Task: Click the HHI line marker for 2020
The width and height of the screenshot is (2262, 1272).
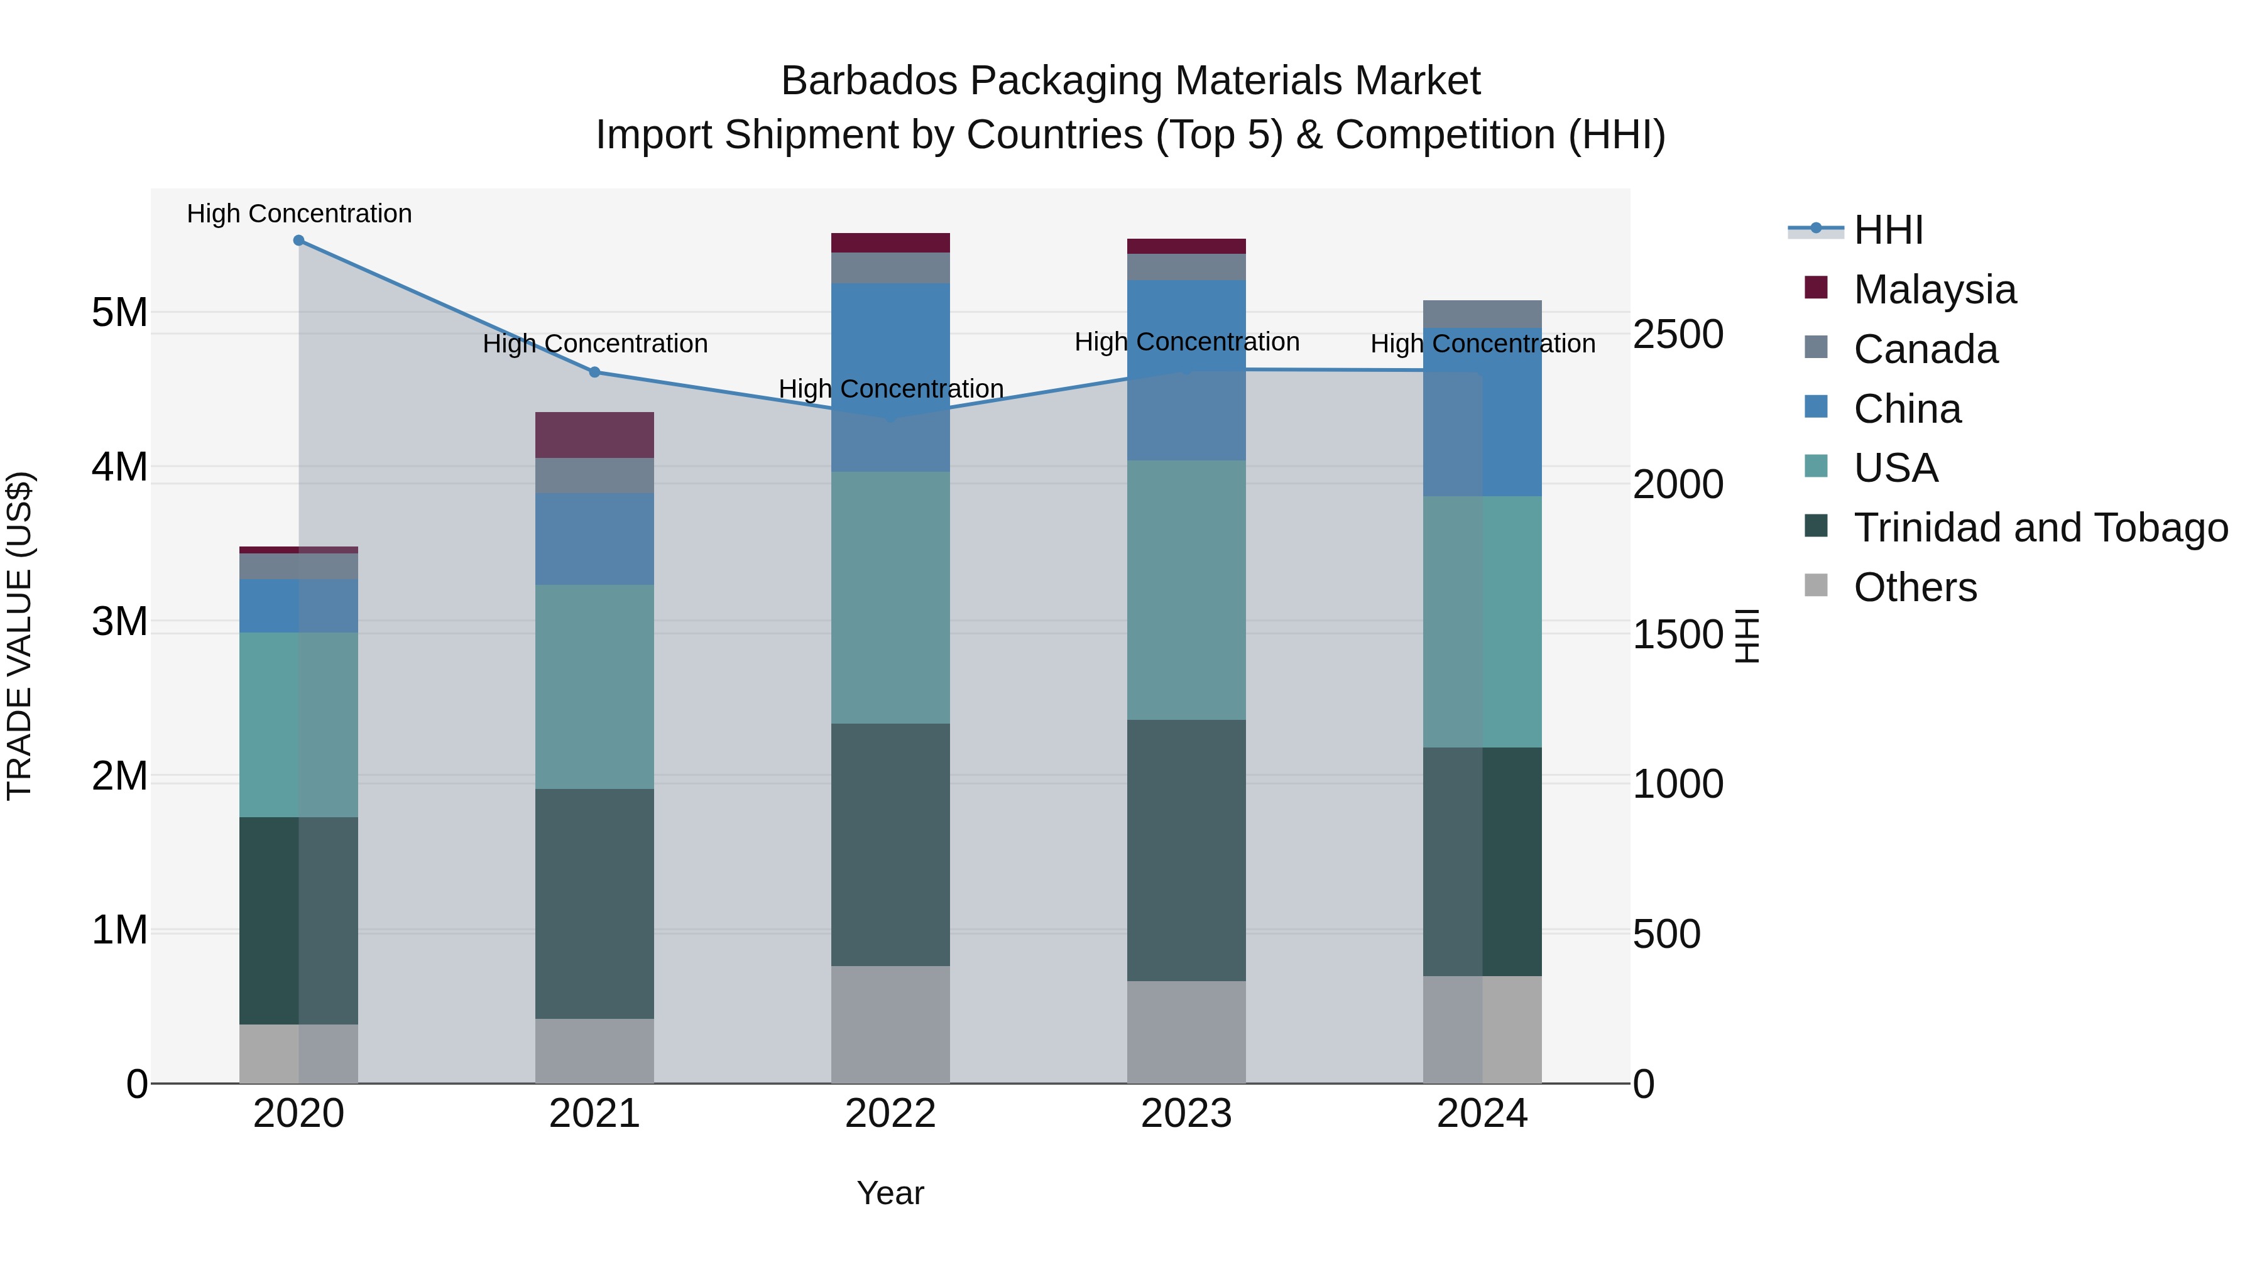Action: (x=298, y=241)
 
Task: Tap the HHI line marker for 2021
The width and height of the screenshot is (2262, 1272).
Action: (x=594, y=372)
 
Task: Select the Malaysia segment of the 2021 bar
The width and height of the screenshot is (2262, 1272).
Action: (x=594, y=435)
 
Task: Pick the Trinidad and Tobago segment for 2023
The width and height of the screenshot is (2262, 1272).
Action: (x=1186, y=850)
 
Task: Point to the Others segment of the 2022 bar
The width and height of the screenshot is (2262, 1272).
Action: (x=890, y=1025)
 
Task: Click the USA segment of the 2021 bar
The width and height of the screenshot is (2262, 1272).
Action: (x=594, y=687)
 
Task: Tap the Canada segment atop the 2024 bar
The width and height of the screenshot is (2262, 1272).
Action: (x=1482, y=314)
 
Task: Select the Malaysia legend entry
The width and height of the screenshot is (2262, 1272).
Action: (x=1935, y=290)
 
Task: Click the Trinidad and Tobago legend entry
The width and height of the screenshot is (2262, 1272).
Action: (x=2040, y=528)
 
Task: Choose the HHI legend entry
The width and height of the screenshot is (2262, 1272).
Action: (x=1888, y=230)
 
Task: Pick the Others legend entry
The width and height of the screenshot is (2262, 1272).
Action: (x=1915, y=587)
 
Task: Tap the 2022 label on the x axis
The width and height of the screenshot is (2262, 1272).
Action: (x=890, y=1114)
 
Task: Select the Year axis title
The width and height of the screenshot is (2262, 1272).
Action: (x=890, y=1193)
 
